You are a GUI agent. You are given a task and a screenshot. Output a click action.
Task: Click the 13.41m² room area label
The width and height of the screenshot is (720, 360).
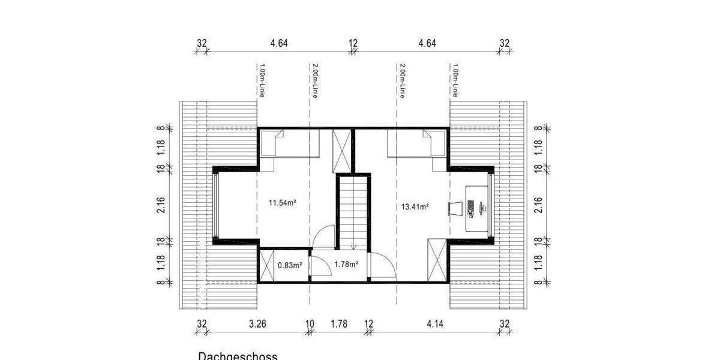coord(414,207)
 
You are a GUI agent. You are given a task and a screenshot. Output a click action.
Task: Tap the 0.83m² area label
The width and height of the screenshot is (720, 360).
coord(289,264)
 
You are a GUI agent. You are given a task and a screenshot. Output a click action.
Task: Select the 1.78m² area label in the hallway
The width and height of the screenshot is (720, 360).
coord(346,264)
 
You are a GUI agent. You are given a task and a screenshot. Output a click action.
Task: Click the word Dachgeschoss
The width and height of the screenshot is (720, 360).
coord(238,356)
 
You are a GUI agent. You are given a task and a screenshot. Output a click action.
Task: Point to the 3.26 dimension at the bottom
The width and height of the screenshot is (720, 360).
coord(257,324)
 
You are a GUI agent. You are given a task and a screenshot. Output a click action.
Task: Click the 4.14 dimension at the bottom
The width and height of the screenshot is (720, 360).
coord(436,324)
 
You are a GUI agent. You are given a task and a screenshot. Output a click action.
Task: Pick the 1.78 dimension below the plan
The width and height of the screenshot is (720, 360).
coord(339,324)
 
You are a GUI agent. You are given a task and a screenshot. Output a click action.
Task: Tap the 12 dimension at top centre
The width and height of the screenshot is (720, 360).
coord(353,43)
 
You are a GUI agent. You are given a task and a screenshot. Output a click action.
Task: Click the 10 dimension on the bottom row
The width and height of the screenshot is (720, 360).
coord(310,324)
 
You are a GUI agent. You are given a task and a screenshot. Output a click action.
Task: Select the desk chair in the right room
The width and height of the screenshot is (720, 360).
coord(455,208)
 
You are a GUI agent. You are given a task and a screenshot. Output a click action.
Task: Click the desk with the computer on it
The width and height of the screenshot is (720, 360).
coord(478,208)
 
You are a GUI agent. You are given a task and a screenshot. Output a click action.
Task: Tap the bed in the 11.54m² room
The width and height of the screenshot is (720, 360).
coord(290,145)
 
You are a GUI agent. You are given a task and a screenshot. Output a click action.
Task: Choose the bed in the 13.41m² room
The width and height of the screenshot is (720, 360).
coord(416,145)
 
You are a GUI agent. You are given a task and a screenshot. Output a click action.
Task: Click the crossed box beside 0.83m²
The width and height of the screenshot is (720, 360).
coord(267,265)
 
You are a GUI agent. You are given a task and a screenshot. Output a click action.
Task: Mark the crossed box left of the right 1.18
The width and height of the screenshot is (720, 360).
coord(437,259)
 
